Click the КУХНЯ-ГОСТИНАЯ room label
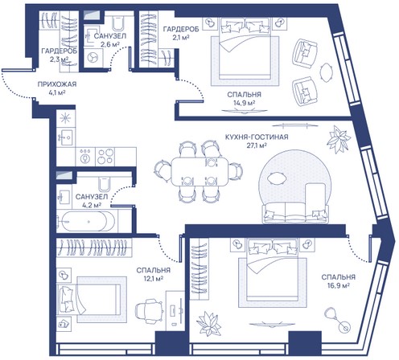[x=257, y=137]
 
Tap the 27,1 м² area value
[x=257, y=145]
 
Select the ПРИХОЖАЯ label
[x=57, y=84]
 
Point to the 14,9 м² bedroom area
[x=244, y=103]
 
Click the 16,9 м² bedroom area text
[x=339, y=285]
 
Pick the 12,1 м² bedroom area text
[x=154, y=279]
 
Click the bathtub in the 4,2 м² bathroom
[x=86, y=222]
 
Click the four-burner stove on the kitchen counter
[x=105, y=157]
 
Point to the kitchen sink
[x=65, y=137]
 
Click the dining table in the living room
[x=199, y=171]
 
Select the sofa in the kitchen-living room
[x=295, y=213]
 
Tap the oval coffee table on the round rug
[x=278, y=178]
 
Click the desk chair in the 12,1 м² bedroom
[x=149, y=312]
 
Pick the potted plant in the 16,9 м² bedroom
[x=208, y=324]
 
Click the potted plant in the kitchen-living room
[x=339, y=139]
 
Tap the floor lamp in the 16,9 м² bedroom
[x=338, y=320]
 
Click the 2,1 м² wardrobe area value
[x=181, y=38]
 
